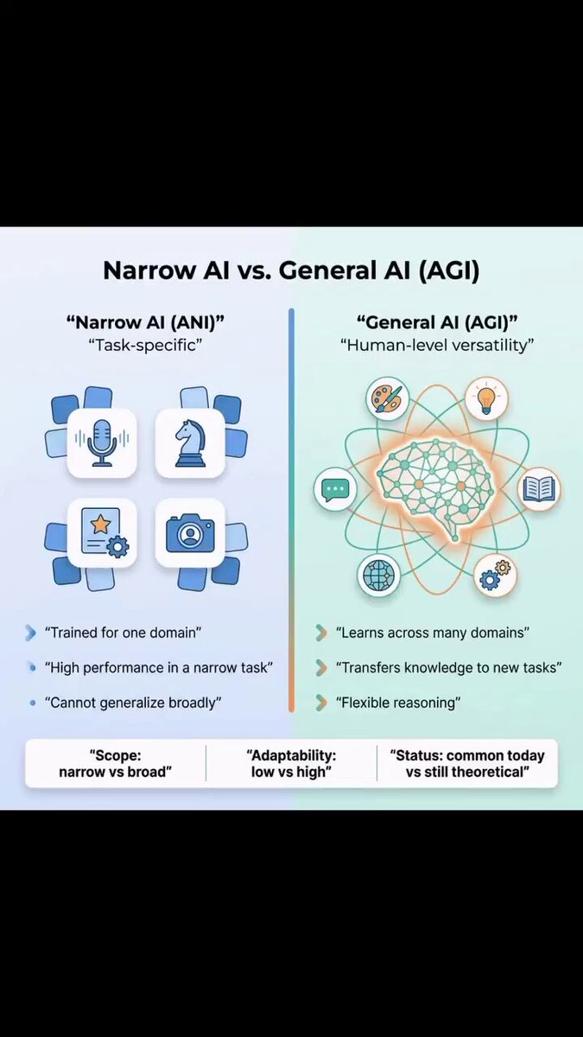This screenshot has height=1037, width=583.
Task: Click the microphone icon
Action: (102, 443)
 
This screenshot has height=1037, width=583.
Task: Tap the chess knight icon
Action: (190, 443)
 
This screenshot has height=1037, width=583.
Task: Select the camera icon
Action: (190, 533)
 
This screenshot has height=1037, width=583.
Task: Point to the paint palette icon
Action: (388, 398)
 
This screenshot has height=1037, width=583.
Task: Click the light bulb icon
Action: (486, 398)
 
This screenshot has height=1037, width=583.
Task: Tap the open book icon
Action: (539, 489)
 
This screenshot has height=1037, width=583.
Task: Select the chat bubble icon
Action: (335, 489)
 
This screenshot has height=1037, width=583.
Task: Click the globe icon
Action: (379, 575)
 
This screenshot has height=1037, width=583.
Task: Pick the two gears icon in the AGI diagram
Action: (495, 575)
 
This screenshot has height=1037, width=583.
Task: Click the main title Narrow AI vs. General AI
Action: (292, 270)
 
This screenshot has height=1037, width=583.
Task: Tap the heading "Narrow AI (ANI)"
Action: (145, 322)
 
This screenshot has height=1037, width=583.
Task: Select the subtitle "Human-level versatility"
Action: (437, 345)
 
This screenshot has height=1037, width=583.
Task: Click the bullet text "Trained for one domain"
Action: (123, 633)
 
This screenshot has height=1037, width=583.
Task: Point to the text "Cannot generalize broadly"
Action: (133, 703)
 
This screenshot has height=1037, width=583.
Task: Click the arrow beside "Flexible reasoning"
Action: (321, 703)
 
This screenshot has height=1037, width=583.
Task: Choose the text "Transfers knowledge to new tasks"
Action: (449, 667)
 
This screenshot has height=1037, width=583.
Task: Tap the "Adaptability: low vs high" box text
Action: (292, 764)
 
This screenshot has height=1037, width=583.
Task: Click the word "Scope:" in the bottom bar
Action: (115, 755)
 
